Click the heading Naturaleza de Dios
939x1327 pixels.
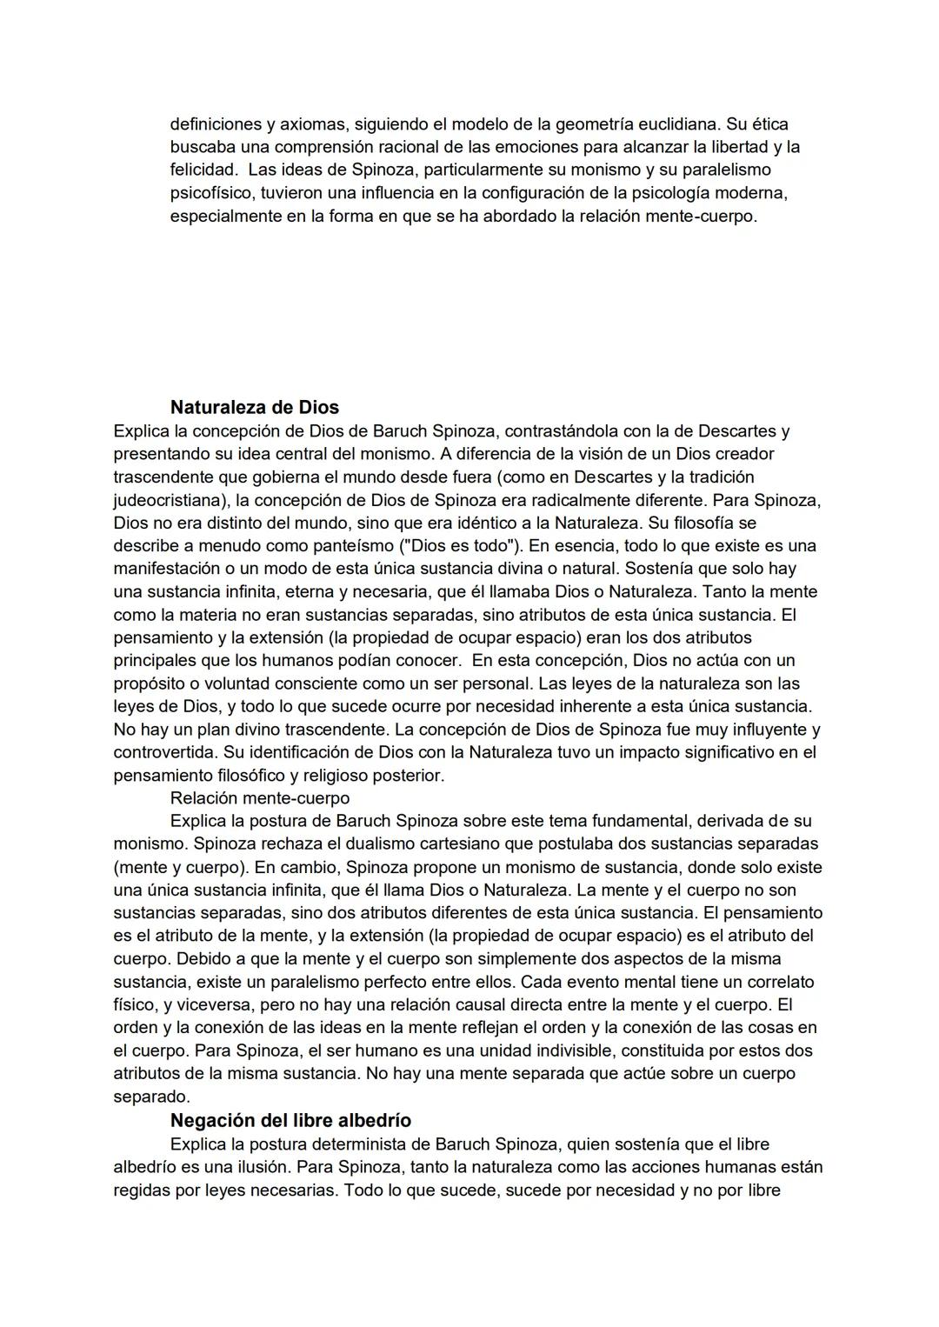(x=254, y=407)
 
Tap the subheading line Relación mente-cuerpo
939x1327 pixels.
(x=259, y=797)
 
